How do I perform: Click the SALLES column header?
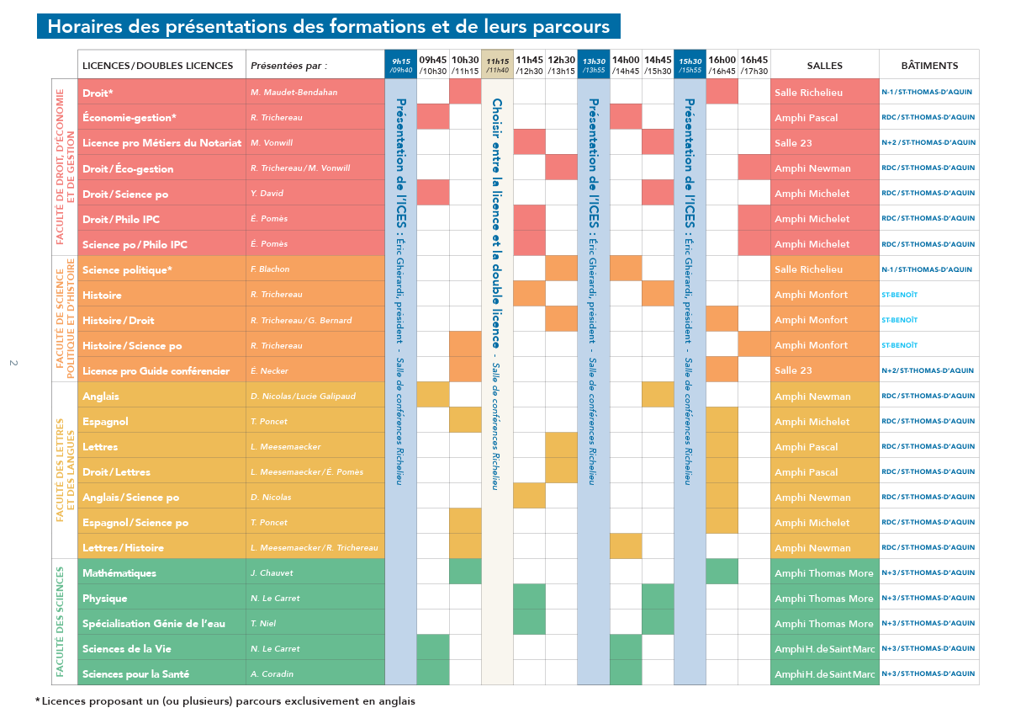(824, 65)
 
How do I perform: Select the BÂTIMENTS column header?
(928, 65)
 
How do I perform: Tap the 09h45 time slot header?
(432, 65)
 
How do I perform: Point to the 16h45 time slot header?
(754, 65)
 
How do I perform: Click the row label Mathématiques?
(119, 573)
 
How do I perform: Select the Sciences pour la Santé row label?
(135, 674)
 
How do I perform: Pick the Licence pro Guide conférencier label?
(156, 371)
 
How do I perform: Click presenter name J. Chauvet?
(271, 573)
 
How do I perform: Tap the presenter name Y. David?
(267, 194)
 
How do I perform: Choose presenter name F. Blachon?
(269, 269)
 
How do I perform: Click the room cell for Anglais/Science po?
(812, 498)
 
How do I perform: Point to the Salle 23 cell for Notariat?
(793, 143)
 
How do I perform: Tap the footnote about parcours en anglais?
(227, 700)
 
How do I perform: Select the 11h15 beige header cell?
(497, 65)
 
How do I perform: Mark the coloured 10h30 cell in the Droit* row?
(465, 92)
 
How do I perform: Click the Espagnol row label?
(103, 422)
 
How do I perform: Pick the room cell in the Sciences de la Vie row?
(824, 649)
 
